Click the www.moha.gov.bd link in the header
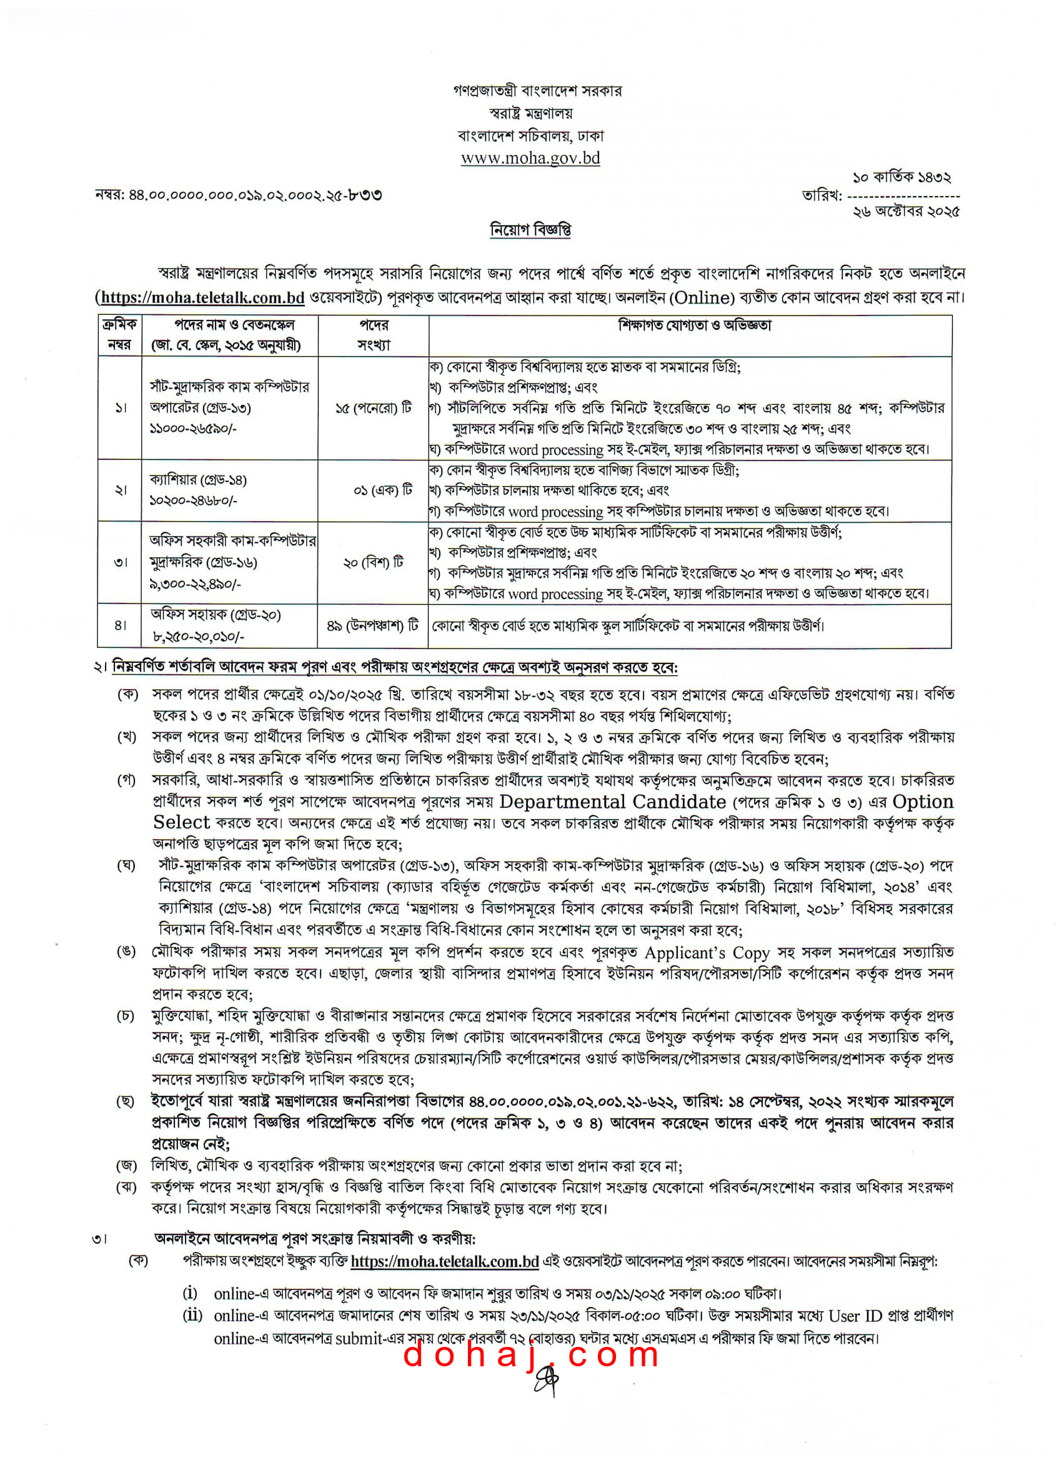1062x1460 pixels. click(x=530, y=157)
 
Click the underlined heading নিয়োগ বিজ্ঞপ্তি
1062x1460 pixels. click(x=530, y=230)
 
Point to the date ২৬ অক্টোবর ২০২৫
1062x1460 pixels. click(x=906, y=211)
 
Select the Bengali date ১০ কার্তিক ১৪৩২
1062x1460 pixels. click(x=901, y=177)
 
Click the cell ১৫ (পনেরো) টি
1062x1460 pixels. click(x=374, y=408)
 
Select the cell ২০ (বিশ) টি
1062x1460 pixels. click(x=374, y=563)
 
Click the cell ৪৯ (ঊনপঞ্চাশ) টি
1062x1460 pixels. click(x=373, y=625)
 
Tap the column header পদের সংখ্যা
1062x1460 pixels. click(x=374, y=335)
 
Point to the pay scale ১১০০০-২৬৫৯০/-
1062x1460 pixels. click(x=193, y=428)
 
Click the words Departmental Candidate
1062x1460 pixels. click(x=612, y=802)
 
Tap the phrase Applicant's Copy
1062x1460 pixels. click(x=707, y=952)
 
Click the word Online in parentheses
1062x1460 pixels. click(x=701, y=297)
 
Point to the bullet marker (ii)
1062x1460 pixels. click(x=192, y=1315)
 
